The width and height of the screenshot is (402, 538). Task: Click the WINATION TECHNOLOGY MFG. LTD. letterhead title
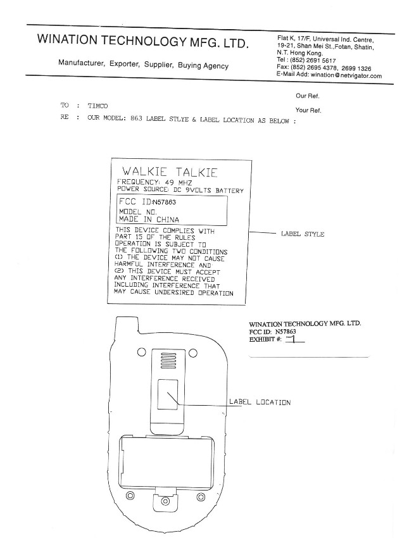pyautogui.click(x=142, y=41)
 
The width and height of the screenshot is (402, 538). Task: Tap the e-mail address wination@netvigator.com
pyautogui.click(x=346, y=75)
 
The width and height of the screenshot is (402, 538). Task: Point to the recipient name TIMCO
pyautogui.click(x=97, y=106)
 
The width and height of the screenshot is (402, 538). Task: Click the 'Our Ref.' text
pyautogui.click(x=308, y=96)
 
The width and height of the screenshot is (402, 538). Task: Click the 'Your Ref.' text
pyautogui.click(x=308, y=110)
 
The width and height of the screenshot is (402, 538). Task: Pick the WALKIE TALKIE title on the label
pyautogui.click(x=170, y=172)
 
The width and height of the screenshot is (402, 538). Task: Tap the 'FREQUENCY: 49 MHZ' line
pyautogui.click(x=154, y=182)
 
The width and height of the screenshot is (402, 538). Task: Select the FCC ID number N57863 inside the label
pyautogui.click(x=164, y=202)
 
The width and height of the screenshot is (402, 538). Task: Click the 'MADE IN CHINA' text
pyautogui.click(x=149, y=219)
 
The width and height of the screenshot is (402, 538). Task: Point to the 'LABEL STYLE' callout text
pyautogui.click(x=303, y=234)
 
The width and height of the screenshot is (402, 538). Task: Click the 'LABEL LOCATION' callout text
pyautogui.click(x=260, y=402)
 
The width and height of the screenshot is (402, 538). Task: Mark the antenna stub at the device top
pyautogui.click(x=127, y=325)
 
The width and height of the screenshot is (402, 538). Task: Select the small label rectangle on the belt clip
pyautogui.click(x=168, y=394)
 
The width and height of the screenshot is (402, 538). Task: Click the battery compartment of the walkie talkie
pyautogui.click(x=167, y=461)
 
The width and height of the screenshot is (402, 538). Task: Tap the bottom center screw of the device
pyautogui.click(x=165, y=501)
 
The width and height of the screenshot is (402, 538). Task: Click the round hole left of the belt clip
pyautogui.click(x=141, y=353)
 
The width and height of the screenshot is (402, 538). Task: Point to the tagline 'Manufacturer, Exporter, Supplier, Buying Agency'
pyautogui.click(x=144, y=64)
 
